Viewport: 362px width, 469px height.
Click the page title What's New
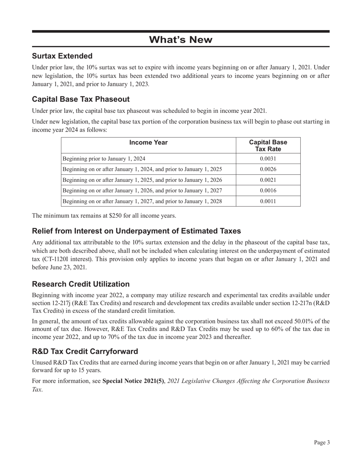(x=181, y=40)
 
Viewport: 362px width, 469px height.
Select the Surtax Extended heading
(x=62, y=56)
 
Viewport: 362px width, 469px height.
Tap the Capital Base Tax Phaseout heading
(x=81, y=100)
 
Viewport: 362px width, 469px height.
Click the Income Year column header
(x=149, y=143)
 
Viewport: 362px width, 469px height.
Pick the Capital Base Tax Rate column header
(x=268, y=145)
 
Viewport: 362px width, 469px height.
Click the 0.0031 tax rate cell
(x=268, y=159)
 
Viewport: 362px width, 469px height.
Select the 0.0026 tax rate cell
(x=268, y=169)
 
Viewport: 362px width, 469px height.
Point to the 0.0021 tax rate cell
(x=268, y=180)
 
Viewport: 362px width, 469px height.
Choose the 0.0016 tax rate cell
(x=268, y=190)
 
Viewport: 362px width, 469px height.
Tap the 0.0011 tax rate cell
(x=268, y=201)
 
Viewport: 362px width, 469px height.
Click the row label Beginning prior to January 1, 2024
(x=104, y=159)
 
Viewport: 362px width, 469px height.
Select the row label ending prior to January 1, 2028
(x=142, y=201)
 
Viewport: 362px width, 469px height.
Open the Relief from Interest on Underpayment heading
(x=136, y=231)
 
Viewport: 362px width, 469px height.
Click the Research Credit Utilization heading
(x=81, y=284)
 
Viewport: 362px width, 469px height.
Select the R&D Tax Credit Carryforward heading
(x=85, y=351)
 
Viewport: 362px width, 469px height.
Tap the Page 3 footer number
(x=322, y=442)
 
